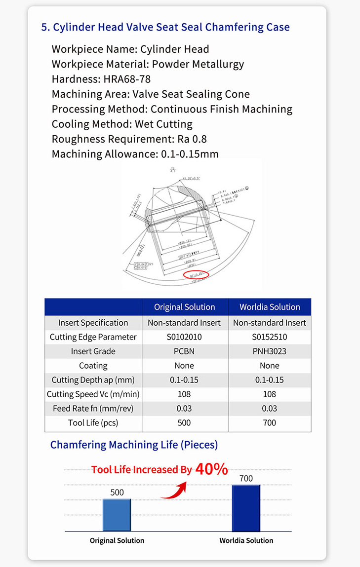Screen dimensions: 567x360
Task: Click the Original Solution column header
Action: [185, 307]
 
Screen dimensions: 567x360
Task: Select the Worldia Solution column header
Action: [270, 307]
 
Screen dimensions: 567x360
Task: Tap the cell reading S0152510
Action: [270, 337]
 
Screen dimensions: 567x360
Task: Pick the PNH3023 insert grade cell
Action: [270, 351]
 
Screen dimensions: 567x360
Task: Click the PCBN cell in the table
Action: [185, 351]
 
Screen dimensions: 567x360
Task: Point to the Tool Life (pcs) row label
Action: [93, 423]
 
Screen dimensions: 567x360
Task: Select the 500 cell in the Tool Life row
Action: [185, 423]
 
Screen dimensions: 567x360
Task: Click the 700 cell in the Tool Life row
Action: [270, 423]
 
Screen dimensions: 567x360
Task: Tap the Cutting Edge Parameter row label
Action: [93, 337]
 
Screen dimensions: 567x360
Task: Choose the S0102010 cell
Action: [185, 337]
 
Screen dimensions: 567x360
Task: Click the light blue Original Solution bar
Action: [117, 515]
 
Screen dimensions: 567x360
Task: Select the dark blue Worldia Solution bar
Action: [246, 508]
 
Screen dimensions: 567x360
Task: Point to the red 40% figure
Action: [211, 469]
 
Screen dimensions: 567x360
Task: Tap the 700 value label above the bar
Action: [246, 478]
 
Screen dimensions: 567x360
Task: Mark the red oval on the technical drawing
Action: [196, 274]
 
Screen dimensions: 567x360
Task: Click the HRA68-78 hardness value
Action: [127, 79]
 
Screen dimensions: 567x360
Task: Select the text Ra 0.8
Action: [202, 139]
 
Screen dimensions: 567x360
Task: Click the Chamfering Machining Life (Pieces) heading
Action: [134, 445]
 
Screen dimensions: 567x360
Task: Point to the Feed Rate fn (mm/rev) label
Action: [93, 409]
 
